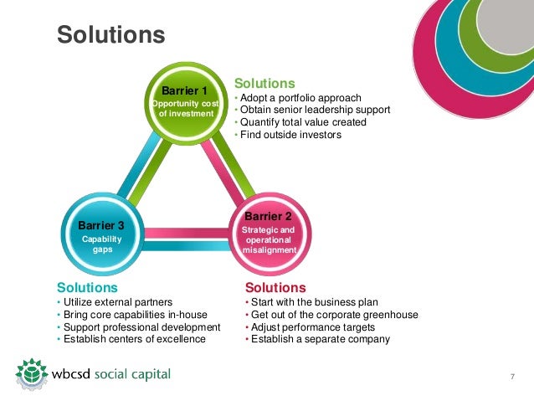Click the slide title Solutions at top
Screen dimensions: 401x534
pyautogui.click(x=110, y=35)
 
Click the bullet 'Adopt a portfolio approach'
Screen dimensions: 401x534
pyautogui.click(x=302, y=98)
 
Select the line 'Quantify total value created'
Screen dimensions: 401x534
pyautogui.click(x=303, y=122)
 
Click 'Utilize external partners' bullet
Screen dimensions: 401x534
pyautogui.click(x=117, y=302)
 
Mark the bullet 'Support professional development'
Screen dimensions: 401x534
pyautogui.click(x=141, y=326)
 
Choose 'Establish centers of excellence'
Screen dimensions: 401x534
pyautogui.click(x=133, y=339)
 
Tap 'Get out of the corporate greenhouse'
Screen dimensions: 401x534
pyautogui.click(x=334, y=315)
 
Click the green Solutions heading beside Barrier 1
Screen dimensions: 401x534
pyautogui.click(x=264, y=84)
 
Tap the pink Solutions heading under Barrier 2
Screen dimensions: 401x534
pyautogui.click(x=276, y=287)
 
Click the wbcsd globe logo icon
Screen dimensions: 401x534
pyautogui.click(x=31, y=373)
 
